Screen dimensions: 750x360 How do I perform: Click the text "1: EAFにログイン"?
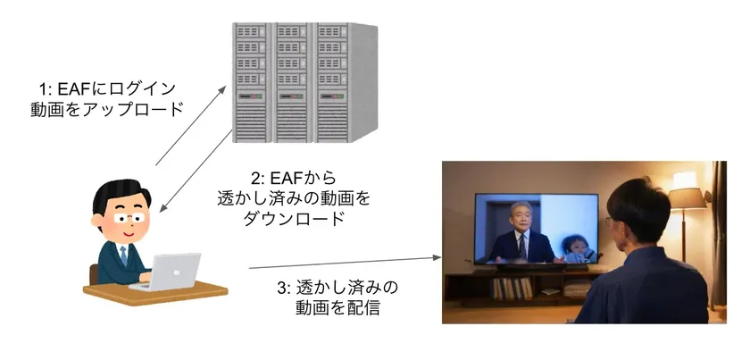107,89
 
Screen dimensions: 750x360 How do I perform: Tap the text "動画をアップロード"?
107,110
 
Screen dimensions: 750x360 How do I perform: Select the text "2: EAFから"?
294,178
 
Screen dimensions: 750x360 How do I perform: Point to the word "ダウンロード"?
294,218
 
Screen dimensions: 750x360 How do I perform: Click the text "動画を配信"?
337,307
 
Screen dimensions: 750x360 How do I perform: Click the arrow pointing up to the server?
190,126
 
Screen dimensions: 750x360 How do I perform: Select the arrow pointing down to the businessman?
196,171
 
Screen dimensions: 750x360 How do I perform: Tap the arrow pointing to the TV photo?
345,263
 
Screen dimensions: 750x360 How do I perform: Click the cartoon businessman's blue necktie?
123,255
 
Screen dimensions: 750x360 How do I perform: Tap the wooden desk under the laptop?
155,292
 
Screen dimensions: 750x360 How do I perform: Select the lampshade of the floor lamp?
687,197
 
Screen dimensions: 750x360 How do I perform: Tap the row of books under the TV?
512,289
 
